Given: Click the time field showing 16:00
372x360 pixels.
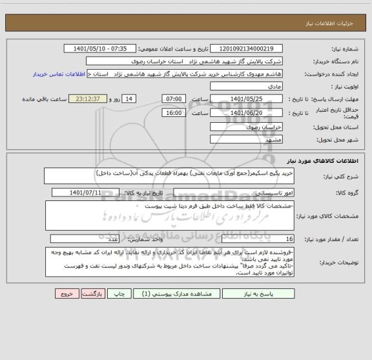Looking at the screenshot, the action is coord(174,112).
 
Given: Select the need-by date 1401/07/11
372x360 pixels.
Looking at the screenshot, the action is coord(94,192).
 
